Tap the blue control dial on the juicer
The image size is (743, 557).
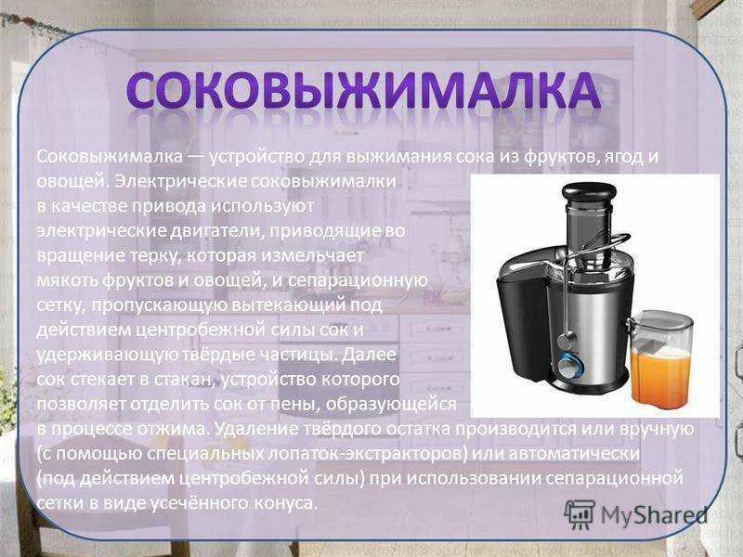pyautogui.click(x=567, y=366)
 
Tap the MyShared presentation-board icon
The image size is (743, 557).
pyautogui.click(x=580, y=514)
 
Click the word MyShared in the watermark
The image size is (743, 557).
pyautogui.click(x=654, y=515)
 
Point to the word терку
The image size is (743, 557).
pyautogui.click(x=154, y=256)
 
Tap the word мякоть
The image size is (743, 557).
pyautogui.click(x=67, y=280)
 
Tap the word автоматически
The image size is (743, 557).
pyautogui.click(x=574, y=454)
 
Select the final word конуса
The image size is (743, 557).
pyautogui.click(x=285, y=503)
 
